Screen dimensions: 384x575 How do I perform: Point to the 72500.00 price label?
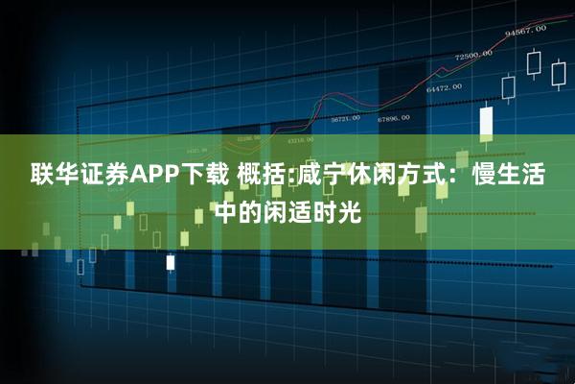tap(474, 55)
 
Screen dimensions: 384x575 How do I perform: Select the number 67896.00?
tap(393, 118)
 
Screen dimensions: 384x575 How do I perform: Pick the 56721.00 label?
tap(345, 118)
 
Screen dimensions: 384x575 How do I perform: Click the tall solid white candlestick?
tap(486, 122)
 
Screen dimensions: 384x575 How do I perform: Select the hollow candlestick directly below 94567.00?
tap(534, 63)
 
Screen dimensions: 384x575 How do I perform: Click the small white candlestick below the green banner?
tap(171, 261)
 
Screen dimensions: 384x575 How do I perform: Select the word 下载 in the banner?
tap(210, 175)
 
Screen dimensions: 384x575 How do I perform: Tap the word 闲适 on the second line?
tap(294, 211)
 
